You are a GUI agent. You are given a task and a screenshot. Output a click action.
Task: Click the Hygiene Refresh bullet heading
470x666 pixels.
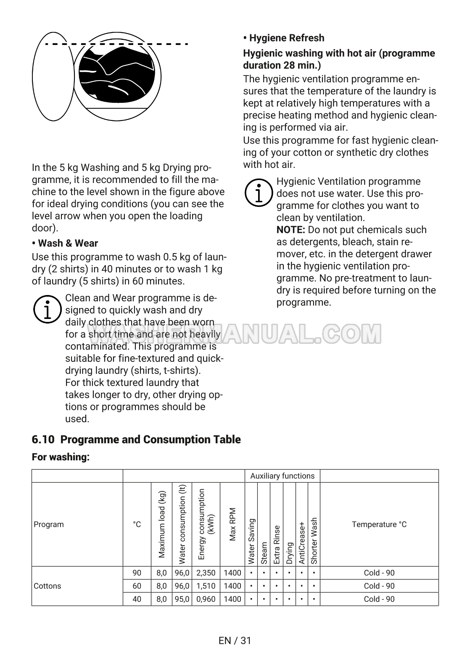pos(284,38)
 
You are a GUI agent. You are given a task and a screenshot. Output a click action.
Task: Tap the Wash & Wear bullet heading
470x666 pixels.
pos(65,243)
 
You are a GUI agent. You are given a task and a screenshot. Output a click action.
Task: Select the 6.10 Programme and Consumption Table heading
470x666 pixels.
pos(136,439)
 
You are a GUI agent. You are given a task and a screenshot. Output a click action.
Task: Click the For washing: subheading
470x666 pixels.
pos(61,457)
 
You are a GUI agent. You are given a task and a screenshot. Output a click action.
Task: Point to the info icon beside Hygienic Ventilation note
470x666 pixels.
pos(258,193)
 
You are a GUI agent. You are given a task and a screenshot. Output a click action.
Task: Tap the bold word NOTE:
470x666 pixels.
pos(290,230)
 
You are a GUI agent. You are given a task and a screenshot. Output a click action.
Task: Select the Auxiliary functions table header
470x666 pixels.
pos(282,476)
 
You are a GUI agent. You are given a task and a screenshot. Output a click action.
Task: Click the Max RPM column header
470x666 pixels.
pos(232,525)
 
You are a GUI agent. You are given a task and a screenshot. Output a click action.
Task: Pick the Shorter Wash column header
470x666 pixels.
pos(314,540)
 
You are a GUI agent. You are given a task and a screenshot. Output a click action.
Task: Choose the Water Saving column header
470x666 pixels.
pos(251,541)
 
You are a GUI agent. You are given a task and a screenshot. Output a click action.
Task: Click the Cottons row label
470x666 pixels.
pos(48,586)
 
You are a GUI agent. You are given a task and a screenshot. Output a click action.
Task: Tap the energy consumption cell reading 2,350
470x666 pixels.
pos(206,573)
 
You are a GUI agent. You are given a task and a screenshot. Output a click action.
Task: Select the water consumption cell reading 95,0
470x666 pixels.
pos(182,599)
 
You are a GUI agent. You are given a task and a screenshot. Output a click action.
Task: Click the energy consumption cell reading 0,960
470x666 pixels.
pos(206,599)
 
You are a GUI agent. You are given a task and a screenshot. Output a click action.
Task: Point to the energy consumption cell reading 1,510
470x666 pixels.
pos(206,586)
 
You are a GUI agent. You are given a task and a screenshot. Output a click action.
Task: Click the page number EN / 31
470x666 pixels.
pos(235,640)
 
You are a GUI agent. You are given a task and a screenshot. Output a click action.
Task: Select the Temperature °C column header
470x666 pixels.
pos(379,525)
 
